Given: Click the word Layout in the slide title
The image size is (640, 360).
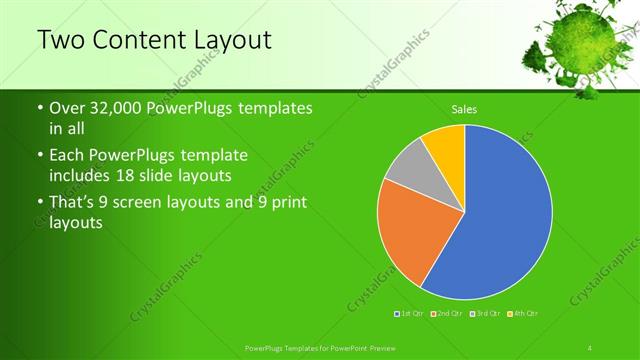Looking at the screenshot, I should (x=233, y=40).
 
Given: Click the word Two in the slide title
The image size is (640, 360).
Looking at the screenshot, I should (x=58, y=40).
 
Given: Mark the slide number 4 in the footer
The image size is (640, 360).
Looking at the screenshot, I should (x=590, y=347).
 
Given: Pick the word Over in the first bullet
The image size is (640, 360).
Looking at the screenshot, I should (x=67, y=108).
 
